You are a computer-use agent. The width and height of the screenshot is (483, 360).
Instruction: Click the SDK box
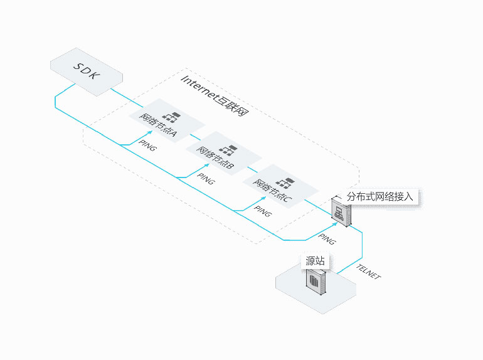(x=87, y=69)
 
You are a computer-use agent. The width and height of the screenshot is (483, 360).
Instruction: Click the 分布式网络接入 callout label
(x=380, y=196)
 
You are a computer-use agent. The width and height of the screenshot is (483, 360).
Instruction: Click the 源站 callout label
(x=315, y=262)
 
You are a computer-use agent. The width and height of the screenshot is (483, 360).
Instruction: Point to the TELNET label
(x=368, y=272)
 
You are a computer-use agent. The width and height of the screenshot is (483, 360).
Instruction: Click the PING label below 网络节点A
(x=149, y=149)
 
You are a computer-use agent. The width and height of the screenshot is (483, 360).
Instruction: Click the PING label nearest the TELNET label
(x=327, y=239)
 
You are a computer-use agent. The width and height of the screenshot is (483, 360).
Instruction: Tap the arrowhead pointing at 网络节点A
(x=151, y=133)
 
